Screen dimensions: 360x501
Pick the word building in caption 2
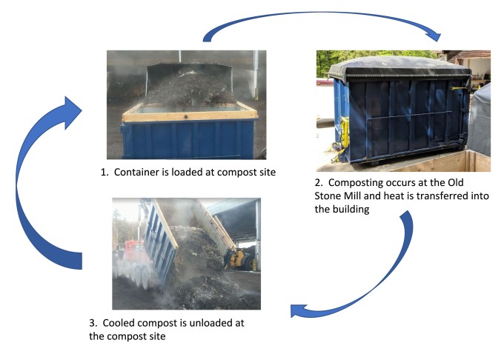click(355, 210)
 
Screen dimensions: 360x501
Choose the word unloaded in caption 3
click(217, 324)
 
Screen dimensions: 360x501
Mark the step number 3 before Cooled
click(93, 324)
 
